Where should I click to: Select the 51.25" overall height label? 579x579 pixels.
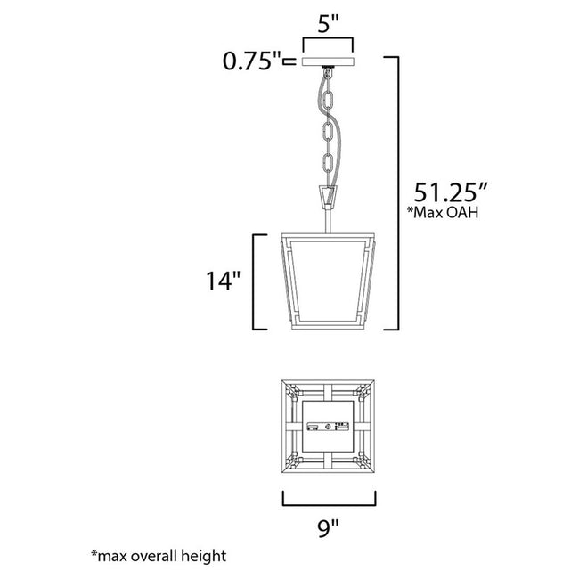449,192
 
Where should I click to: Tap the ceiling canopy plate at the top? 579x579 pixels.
328,62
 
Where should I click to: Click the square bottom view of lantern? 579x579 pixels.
328,428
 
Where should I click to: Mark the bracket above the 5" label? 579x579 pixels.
328,42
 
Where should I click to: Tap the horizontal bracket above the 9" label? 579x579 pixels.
328,499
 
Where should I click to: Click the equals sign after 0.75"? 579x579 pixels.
289,62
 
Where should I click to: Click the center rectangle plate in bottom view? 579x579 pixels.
328,428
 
